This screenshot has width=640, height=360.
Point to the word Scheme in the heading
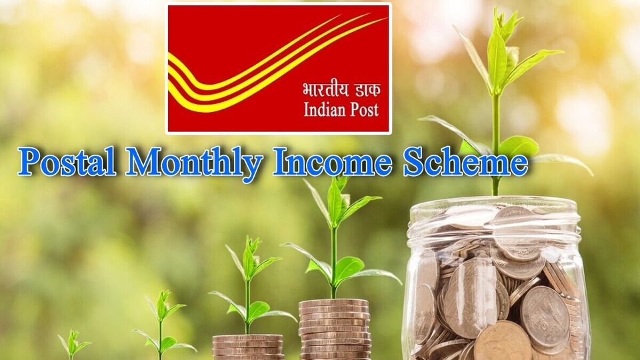tap(464, 162)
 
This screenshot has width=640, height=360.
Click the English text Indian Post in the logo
tap(341, 109)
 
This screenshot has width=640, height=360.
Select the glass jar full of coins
tap(496, 280)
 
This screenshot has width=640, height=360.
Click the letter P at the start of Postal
tap(30, 162)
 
